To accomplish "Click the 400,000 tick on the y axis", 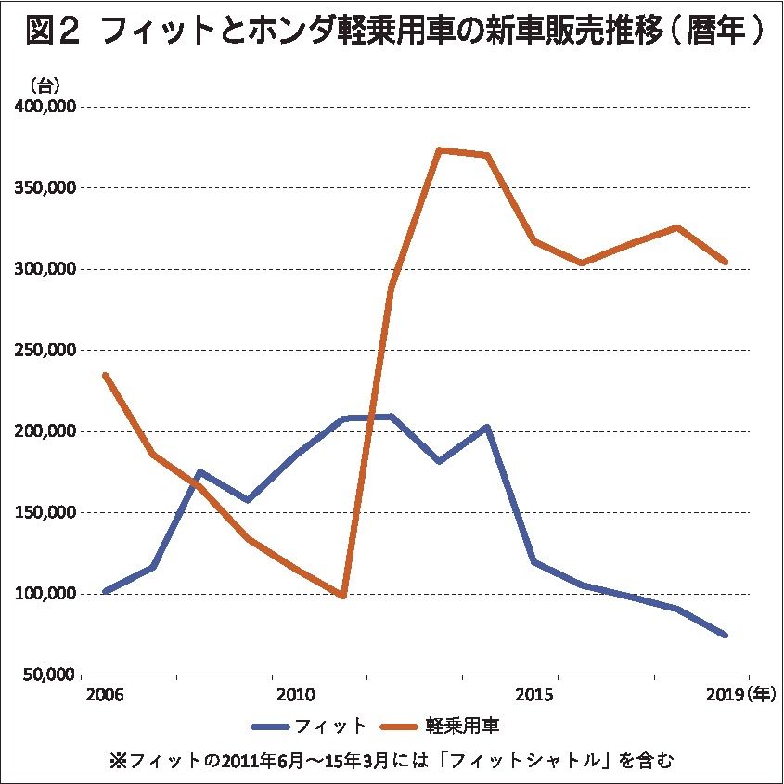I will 45,107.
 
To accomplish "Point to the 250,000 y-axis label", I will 45,351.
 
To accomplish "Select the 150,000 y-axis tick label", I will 45,512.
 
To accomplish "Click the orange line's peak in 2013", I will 439,149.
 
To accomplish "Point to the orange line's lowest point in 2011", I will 343,596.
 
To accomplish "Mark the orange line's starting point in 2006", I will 105,375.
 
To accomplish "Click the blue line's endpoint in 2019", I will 726,636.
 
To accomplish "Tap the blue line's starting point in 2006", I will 105,591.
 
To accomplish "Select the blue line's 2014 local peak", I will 487,428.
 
